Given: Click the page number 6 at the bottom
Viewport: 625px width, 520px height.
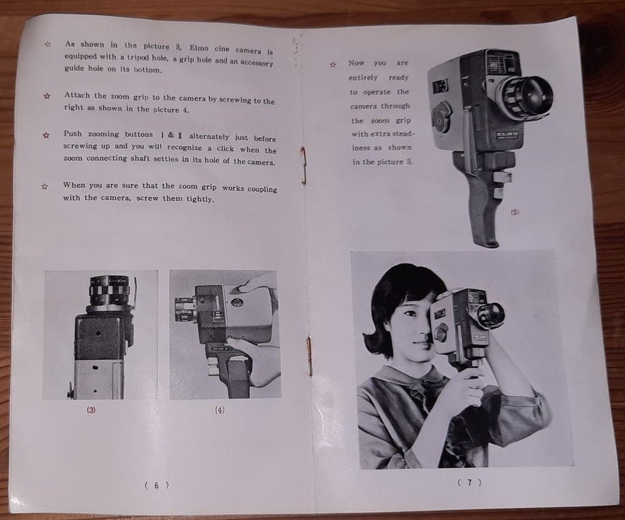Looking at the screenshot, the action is (x=156, y=485).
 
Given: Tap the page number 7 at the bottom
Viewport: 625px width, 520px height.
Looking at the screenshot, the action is (x=469, y=483).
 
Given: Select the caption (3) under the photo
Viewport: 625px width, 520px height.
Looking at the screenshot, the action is (x=91, y=410).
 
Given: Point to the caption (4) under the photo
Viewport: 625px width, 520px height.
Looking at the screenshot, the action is (x=219, y=410).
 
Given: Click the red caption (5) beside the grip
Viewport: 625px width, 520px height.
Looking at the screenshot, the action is (x=514, y=212).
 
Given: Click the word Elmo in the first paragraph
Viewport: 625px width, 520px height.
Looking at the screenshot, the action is (x=199, y=48).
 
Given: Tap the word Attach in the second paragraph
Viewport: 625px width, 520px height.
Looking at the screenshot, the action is (x=77, y=95).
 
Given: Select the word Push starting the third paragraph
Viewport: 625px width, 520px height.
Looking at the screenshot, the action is (x=72, y=134).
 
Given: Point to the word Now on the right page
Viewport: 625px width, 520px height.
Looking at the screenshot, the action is (x=356, y=63).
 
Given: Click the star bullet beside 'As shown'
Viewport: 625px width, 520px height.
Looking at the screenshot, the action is (x=48, y=44).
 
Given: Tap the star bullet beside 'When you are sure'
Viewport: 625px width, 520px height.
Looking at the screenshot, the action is (x=45, y=186).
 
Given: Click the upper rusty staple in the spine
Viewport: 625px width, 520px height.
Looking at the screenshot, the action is (x=304, y=166).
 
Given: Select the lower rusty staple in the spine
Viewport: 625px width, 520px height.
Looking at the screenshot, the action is (x=309, y=356).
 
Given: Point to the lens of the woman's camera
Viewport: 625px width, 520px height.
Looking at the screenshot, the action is (x=492, y=313).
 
